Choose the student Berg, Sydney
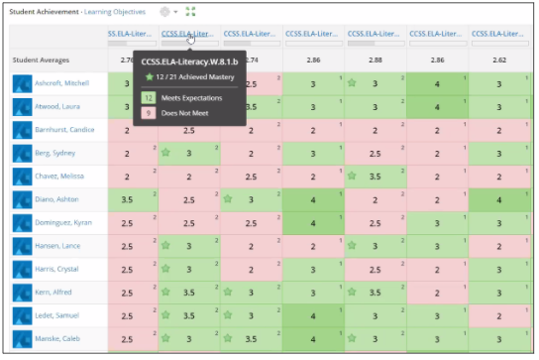(x=55, y=154)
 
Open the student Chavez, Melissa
(x=60, y=177)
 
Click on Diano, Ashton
(x=57, y=199)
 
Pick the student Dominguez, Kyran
(x=63, y=223)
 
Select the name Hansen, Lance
(x=57, y=246)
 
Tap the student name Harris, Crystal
(x=58, y=270)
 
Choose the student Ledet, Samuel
(x=57, y=315)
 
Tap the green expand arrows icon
(x=190, y=11)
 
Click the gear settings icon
(x=165, y=11)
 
